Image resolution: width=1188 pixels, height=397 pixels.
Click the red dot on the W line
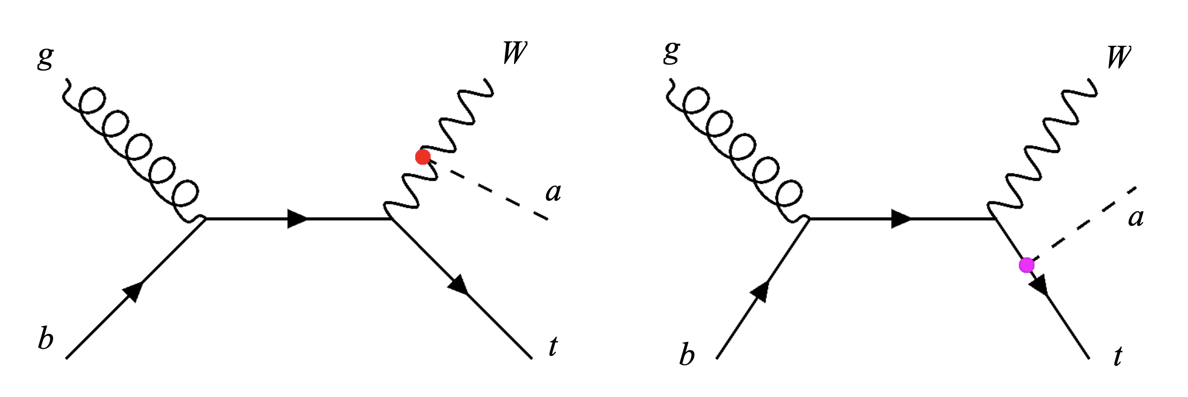click(x=423, y=157)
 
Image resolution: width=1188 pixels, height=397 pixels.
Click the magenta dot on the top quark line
click(x=1027, y=265)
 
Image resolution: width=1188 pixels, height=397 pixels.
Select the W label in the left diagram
click(x=515, y=53)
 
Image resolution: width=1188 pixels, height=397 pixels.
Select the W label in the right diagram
click(x=1118, y=58)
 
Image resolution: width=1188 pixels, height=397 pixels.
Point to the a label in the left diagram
click(x=553, y=192)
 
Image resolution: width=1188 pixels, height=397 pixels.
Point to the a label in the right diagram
click(x=1136, y=217)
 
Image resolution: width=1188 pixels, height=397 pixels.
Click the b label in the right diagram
click(x=687, y=355)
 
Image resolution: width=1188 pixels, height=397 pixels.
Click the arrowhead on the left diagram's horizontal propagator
click(x=297, y=219)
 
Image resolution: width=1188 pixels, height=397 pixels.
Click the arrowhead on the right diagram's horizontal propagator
click(x=902, y=219)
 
